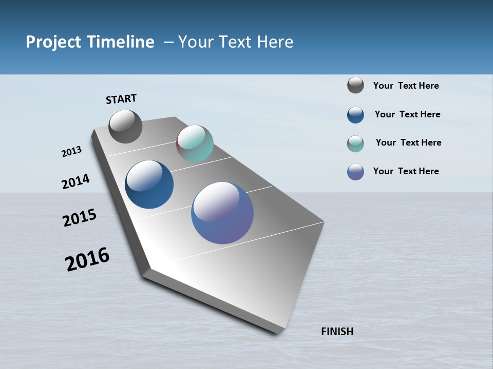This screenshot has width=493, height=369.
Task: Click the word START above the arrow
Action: [121, 99]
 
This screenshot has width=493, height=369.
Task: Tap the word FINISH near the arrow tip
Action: [337, 332]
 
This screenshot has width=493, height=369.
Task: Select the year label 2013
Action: [71, 152]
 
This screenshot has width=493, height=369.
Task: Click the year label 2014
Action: [75, 181]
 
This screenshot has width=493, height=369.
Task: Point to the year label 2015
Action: [80, 218]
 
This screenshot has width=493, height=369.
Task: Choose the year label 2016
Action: [87, 259]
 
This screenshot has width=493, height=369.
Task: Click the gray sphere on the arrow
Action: [125, 127]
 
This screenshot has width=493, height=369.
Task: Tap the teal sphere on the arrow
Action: [195, 143]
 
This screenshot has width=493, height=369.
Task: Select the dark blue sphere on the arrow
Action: [149, 184]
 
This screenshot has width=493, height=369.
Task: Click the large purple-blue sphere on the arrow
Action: [222, 213]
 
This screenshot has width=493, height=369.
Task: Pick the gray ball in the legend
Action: [355, 86]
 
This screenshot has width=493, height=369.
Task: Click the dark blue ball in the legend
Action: [355, 115]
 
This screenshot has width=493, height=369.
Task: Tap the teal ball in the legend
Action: [355, 143]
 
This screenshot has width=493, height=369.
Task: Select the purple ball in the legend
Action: [355, 172]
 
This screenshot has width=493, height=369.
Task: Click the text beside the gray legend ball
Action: [406, 86]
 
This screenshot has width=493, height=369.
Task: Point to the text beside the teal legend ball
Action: [408, 142]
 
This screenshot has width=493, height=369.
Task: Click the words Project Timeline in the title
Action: [90, 42]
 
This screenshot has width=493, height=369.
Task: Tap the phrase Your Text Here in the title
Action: [235, 42]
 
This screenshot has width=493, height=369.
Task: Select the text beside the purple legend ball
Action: [406, 171]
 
